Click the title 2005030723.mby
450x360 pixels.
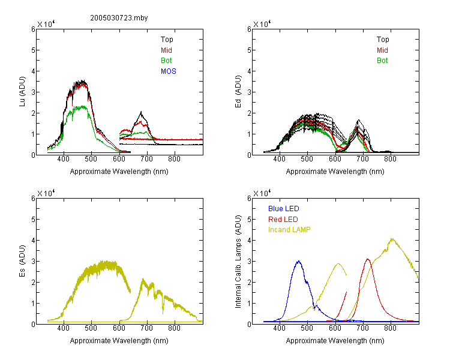[x=119, y=18]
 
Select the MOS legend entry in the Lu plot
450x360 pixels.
[x=169, y=71]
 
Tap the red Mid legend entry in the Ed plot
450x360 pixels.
[x=382, y=50]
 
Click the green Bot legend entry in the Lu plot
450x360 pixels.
[x=166, y=61]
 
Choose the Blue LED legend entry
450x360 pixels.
[x=284, y=209]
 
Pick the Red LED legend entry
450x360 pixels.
[x=283, y=220]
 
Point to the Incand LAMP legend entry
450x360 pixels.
[x=289, y=230]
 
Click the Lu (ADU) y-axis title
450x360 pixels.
[x=22, y=92]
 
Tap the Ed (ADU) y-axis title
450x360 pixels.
[x=238, y=92]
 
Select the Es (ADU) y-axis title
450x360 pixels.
[x=22, y=261]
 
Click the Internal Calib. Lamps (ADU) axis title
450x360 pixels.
[x=238, y=262]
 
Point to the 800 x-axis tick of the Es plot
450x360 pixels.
[x=174, y=328]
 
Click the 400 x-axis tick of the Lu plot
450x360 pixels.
[x=63, y=159]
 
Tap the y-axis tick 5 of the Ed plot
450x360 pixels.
[x=249, y=50]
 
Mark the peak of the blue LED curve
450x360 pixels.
[x=299, y=261]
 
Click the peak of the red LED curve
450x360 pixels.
[x=368, y=259]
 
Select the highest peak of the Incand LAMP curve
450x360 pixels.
[x=392, y=239]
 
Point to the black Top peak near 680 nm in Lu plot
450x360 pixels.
[x=141, y=112]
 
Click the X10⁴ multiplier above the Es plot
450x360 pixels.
[x=46, y=193]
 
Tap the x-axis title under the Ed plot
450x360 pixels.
[x=335, y=172]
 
